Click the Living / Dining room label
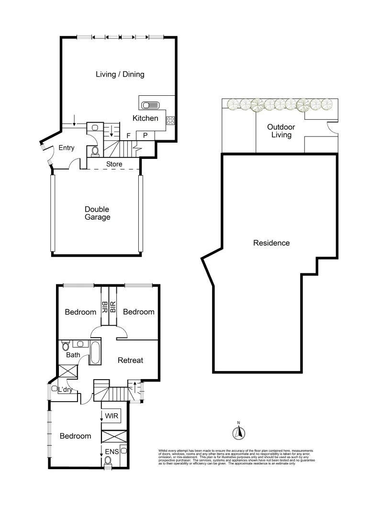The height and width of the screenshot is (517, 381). (x=120, y=74)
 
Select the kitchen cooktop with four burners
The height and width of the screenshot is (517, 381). (x=169, y=120)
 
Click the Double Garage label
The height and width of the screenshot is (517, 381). (x=97, y=213)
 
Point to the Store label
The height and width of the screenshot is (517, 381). (x=114, y=164)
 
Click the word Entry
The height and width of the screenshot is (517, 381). (x=67, y=148)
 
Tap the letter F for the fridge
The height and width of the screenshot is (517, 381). (x=128, y=136)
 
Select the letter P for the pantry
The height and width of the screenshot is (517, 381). (x=145, y=136)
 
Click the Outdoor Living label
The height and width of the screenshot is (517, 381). (x=281, y=131)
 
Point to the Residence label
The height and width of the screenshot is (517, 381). (x=271, y=243)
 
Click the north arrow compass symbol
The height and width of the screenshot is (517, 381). (x=238, y=433)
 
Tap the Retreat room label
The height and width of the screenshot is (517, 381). (x=130, y=360)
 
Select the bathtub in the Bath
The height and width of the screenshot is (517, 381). (x=95, y=353)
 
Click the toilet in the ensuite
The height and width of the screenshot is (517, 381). (x=108, y=461)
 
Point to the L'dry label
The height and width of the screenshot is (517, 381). (x=66, y=390)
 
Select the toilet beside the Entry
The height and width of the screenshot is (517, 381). (x=95, y=152)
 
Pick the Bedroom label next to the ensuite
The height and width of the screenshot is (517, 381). (x=75, y=436)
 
